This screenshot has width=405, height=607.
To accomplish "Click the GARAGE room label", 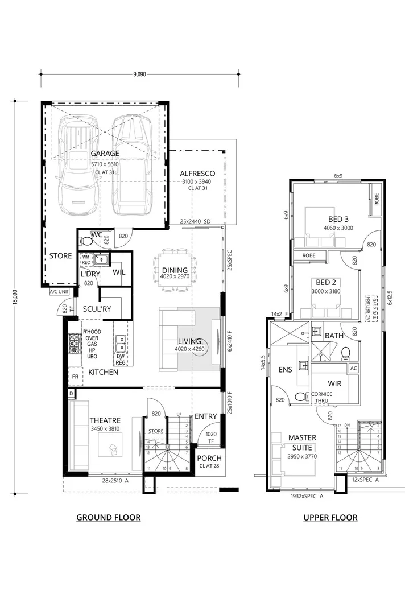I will click(x=105, y=154).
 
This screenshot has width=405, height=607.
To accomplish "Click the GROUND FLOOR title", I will click(x=108, y=517).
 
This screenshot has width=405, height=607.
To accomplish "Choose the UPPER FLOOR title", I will click(x=330, y=517).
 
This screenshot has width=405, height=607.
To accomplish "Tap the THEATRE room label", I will click(x=105, y=420).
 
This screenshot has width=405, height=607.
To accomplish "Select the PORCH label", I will click(x=209, y=459).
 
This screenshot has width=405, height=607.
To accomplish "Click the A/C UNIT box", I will click(x=59, y=292).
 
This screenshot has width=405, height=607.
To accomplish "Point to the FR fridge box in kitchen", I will click(x=74, y=377).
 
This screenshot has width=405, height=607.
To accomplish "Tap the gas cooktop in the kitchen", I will click(x=74, y=343).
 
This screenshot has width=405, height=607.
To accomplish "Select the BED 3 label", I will click(x=338, y=220).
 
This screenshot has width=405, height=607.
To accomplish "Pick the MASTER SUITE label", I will click(x=301, y=443).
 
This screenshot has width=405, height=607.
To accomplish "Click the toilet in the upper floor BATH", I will click(x=345, y=354).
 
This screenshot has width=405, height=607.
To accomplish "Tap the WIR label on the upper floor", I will click(x=334, y=383).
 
